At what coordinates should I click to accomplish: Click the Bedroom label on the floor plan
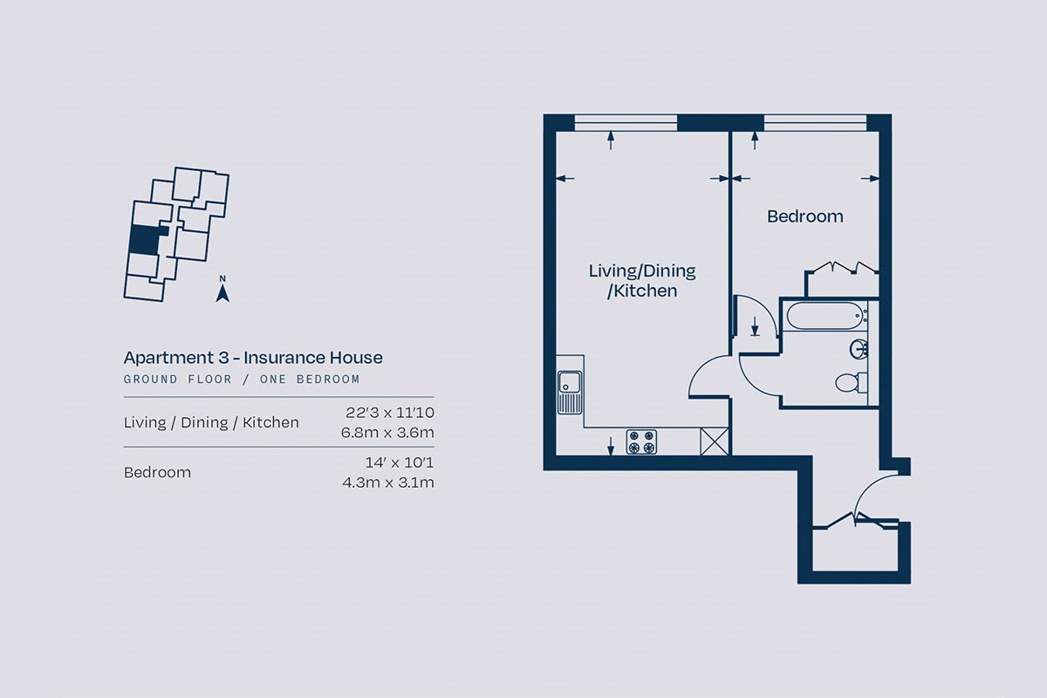click(x=804, y=216)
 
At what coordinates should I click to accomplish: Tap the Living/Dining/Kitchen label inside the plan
click(x=642, y=281)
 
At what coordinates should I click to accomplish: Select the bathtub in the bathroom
click(x=825, y=316)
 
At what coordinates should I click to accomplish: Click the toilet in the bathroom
click(x=852, y=382)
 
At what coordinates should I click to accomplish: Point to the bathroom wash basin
click(x=859, y=349)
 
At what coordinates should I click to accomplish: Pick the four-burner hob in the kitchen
click(x=641, y=441)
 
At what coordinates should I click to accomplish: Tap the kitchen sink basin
click(x=569, y=382)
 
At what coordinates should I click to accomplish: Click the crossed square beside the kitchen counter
click(x=715, y=441)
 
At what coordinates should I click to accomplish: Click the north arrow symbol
click(x=222, y=290)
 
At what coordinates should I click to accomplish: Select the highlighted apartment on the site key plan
click(x=145, y=240)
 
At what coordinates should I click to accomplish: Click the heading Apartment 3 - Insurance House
click(x=253, y=358)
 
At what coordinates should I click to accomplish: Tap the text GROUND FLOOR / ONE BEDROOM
click(x=242, y=380)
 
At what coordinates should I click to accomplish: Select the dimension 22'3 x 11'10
click(x=389, y=413)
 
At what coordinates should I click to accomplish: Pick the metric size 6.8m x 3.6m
click(x=387, y=433)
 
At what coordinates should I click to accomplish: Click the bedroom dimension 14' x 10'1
click(x=400, y=462)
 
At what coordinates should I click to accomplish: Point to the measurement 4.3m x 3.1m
click(x=388, y=482)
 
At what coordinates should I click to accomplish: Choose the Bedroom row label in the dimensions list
click(x=157, y=473)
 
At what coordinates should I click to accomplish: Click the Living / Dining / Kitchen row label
click(x=211, y=422)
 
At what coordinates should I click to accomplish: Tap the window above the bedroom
click(x=815, y=122)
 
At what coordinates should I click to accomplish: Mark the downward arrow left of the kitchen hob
click(x=611, y=446)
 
